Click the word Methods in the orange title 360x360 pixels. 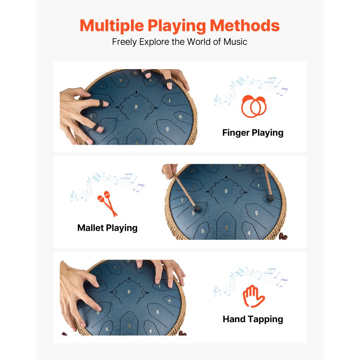[245, 26]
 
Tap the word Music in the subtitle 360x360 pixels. [235, 41]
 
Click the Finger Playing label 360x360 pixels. [253, 132]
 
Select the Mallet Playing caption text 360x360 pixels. [107, 228]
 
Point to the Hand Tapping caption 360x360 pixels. [253, 319]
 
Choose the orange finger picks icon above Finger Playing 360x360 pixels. [253, 106]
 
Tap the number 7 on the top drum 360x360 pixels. [91, 116]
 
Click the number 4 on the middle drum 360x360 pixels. [249, 233]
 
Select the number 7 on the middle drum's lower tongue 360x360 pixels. [183, 201]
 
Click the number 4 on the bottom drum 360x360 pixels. [150, 330]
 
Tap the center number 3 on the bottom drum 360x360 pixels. [129, 291]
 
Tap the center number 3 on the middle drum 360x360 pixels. [226, 191]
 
